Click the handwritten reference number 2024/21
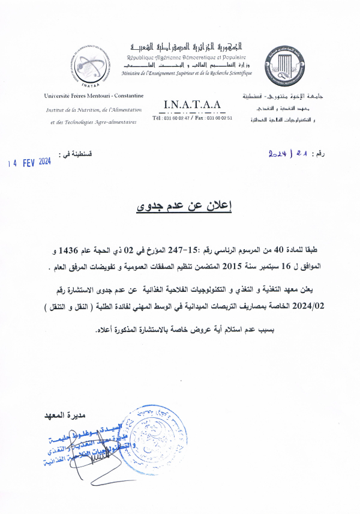coord(290,154)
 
